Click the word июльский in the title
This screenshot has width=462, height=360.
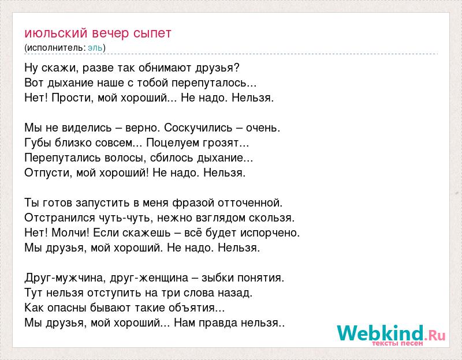pos(56,33)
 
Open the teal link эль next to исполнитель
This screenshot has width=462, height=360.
pos(95,47)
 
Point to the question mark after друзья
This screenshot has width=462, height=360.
pos(237,67)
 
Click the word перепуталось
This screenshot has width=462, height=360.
pos(209,83)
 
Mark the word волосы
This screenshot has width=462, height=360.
pos(124,158)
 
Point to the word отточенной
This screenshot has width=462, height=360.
pos(250,203)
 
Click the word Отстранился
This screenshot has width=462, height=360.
pos(60,218)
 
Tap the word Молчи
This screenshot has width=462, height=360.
pos(70,232)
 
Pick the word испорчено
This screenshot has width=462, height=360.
pos(270,233)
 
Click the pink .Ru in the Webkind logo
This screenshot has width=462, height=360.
pos(435,335)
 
